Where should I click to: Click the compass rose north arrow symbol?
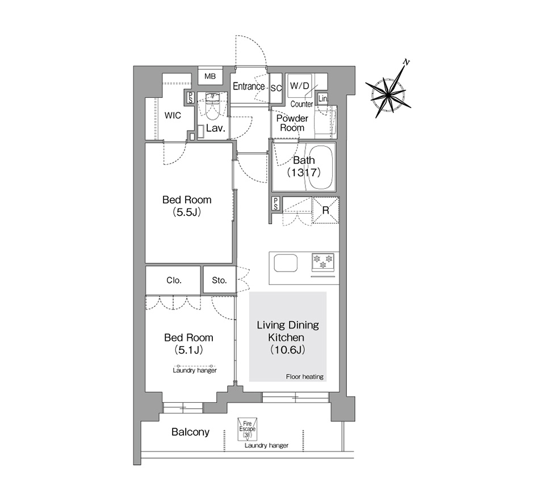(388, 92)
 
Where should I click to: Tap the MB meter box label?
(210, 77)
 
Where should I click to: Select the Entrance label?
(249, 86)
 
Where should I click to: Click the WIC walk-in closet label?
(173, 115)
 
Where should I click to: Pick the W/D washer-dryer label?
(300, 86)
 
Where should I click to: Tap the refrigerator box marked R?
(326, 210)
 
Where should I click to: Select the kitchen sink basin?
(286, 264)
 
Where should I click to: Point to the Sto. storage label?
(219, 281)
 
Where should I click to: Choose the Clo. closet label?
(174, 281)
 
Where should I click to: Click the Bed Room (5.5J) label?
(187, 206)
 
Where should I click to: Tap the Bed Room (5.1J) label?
(188, 344)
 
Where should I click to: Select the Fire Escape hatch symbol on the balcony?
(247, 428)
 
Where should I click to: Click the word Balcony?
(191, 432)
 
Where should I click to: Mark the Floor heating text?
(305, 377)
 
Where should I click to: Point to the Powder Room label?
(292, 123)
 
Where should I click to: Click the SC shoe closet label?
(276, 88)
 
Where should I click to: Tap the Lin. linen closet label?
(323, 98)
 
